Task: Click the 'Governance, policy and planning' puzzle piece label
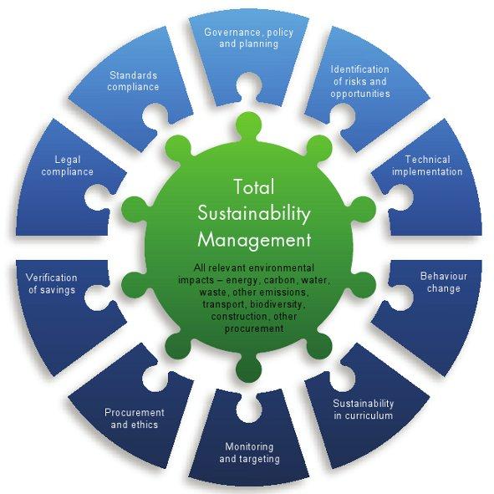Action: [x=248, y=38]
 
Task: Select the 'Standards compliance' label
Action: [x=133, y=81]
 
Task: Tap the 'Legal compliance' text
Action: [x=68, y=166]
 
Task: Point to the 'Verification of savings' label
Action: [x=52, y=283]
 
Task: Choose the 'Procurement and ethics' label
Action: [x=135, y=419]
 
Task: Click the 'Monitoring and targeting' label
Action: [x=249, y=453]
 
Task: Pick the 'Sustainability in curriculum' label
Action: [x=364, y=410]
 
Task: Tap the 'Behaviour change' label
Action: [x=444, y=283]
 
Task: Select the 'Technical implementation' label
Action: [x=427, y=166]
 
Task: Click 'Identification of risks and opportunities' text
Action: [x=360, y=81]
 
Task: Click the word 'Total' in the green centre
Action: [x=254, y=187]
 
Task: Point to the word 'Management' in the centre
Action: [x=254, y=240]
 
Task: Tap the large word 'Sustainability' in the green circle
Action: [x=254, y=214]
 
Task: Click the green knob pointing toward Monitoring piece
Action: [x=248, y=368]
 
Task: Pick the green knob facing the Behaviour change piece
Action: [x=363, y=283]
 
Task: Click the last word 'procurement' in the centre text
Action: [x=253, y=329]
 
